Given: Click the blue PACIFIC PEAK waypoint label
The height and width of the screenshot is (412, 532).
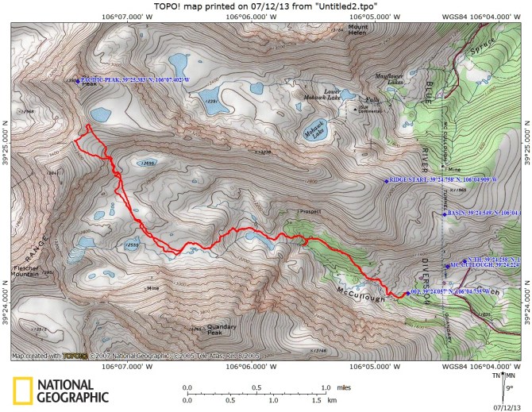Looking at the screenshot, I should (x=134, y=80).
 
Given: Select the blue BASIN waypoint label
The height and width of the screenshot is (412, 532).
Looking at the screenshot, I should (x=484, y=213).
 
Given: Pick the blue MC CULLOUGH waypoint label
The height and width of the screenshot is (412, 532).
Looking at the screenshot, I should (x=484, y=265).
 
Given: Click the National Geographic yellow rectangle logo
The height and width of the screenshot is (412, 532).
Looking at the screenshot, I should (x=22, y=388).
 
